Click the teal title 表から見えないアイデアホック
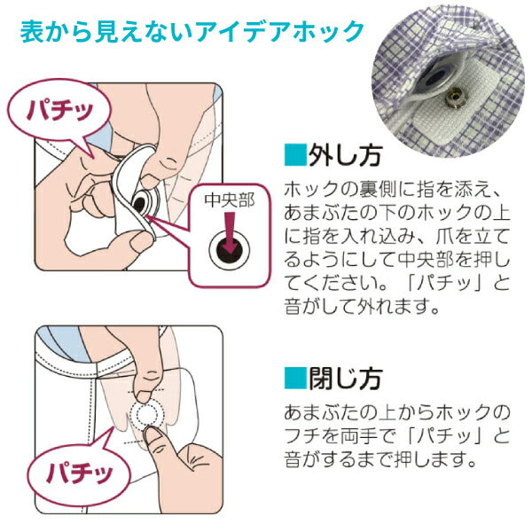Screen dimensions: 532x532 [x=192, y=32]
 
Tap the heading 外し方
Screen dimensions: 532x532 [x=345, y=155]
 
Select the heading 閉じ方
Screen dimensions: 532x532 [x=345, y=379]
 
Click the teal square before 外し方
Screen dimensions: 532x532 [x=294, y=155]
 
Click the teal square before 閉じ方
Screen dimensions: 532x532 [x=294, y=379]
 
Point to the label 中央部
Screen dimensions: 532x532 [x=230, y=200]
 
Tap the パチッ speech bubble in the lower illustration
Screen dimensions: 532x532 [x=79, y=472]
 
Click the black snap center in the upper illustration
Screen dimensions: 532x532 [x=140, y=204]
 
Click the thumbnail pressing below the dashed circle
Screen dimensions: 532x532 [x=152, y=435]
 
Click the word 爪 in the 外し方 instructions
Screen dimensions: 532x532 [x=445, y=237]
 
